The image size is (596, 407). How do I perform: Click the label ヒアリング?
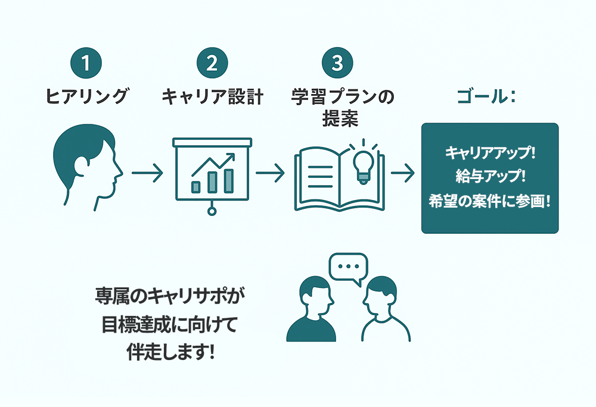87,97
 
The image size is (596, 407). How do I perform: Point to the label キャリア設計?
212,97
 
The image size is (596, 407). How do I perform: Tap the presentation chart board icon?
212,173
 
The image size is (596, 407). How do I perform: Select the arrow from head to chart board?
147,174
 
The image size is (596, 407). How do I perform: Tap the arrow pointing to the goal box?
403,174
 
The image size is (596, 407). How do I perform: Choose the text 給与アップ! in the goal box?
490,177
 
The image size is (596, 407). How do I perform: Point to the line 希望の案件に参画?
490,201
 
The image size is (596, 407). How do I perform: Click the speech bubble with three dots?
349,268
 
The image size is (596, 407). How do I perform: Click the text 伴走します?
170,352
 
